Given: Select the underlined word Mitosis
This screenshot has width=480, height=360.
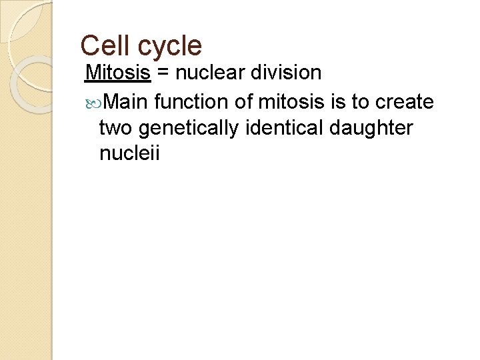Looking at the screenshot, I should point(119,72).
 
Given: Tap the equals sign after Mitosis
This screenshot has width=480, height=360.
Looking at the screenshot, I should point(163,73).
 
